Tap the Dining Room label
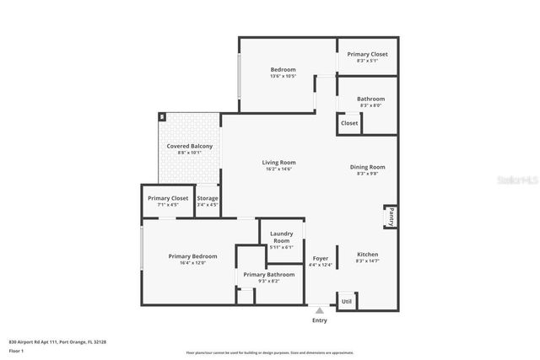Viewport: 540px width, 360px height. [x=367, y=167]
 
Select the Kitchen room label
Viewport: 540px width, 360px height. [x=367, y=254]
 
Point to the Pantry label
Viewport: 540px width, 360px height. [x=391, y=218]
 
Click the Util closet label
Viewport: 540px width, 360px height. [x=346, y=301]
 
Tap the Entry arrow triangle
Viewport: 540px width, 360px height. [x=319, y=311]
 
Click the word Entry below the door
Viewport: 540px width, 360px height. [x=319, y=320]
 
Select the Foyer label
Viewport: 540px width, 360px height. [x=320, y=258]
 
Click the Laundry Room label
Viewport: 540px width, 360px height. [x=281, y=238]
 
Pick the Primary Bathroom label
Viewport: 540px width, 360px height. [x=268, y=274]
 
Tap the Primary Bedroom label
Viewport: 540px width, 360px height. [x=192, y=256]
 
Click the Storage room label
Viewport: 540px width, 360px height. [x=207, y=198]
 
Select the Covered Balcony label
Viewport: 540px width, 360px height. [x=189, y=146]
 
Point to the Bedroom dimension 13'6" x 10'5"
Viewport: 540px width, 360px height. [x=283, y=77]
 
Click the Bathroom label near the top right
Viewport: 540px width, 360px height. [x=370, y=99]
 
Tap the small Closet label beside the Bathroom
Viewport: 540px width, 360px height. [x=348, y=123]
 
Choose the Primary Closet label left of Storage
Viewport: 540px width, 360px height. [x=168, y=198]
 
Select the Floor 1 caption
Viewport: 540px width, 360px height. [x=17, y=350]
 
